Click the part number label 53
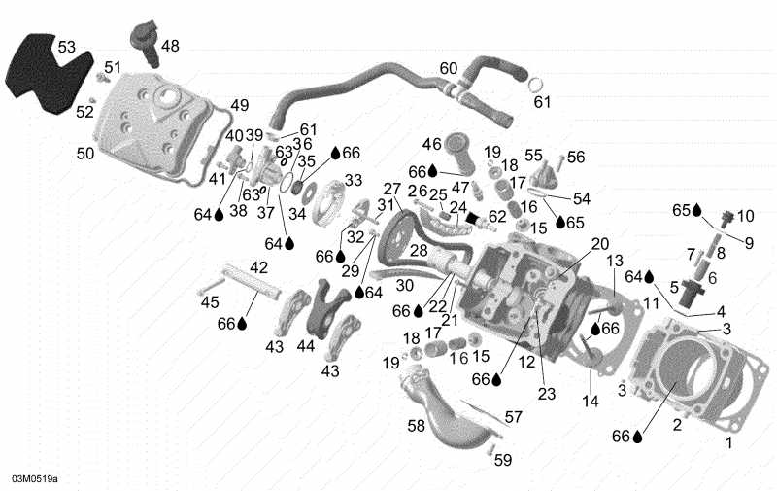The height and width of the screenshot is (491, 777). click(65, 47)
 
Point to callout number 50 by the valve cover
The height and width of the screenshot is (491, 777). click(85, 153)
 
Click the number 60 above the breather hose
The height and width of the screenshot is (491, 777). click(448, 68)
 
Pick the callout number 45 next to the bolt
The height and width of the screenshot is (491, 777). click(210, 301)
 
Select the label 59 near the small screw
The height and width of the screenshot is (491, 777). click(503, 460)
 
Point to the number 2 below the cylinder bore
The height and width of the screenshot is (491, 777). click(677, 425)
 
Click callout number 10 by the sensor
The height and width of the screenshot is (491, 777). click(745, 215)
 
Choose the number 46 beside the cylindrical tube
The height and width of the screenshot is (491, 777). click(431, 144)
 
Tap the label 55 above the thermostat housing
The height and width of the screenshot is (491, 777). click(534, 156)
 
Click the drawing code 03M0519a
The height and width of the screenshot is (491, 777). click(35, 479)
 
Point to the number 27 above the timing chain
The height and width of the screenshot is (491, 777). click(391, 189)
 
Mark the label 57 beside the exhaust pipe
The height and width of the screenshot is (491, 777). click(513, 416)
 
